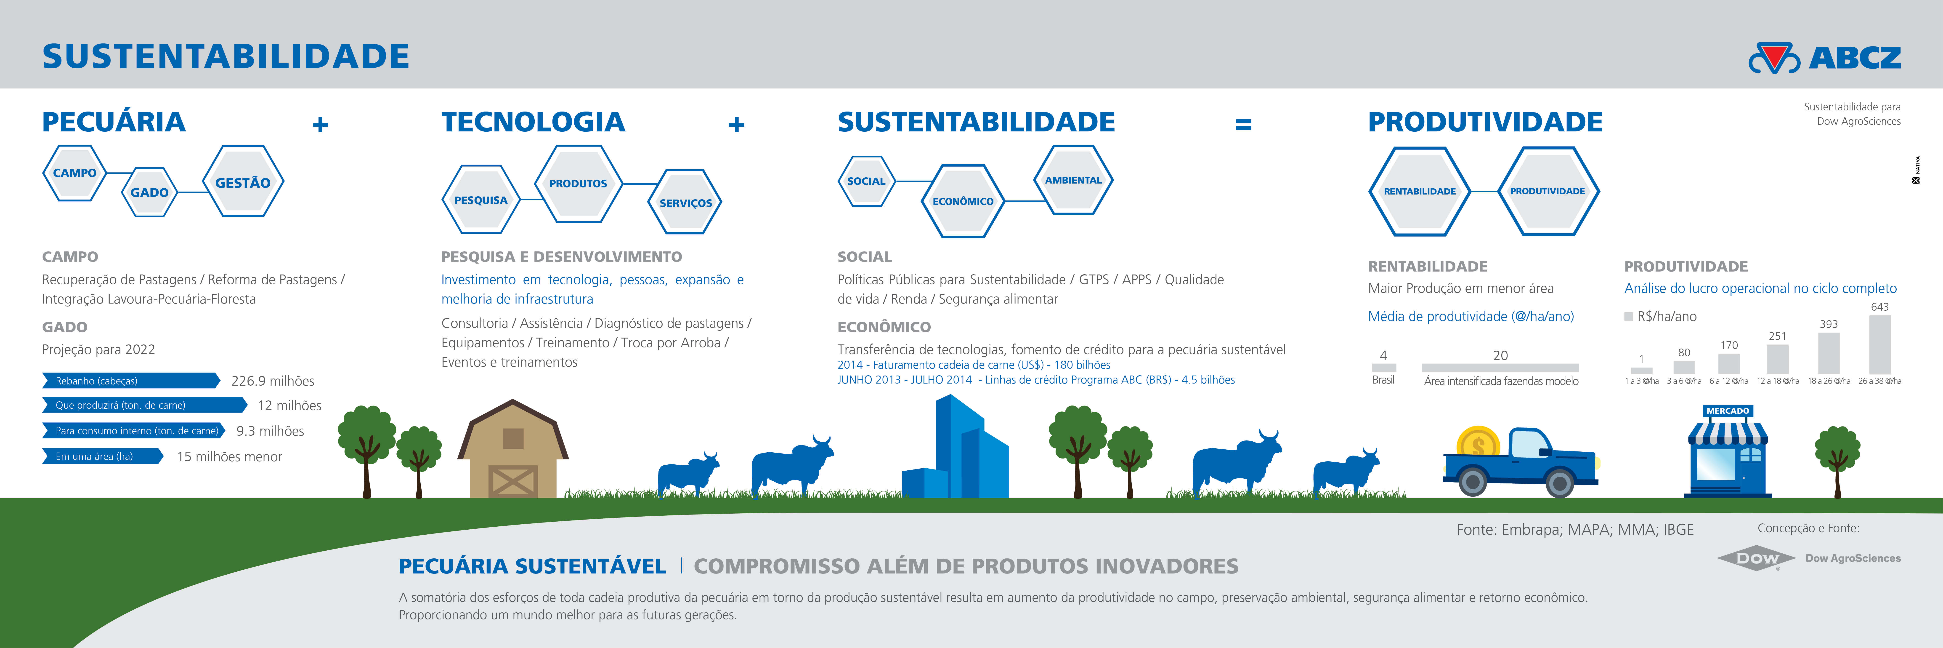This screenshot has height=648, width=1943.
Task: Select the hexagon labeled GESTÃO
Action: (x=243, y=182)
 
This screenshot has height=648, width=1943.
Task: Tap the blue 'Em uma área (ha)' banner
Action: (x=103, y=456)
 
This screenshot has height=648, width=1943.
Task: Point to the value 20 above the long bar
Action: (x=1500, y=355)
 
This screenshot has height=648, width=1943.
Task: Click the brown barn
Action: (x=513, y=449)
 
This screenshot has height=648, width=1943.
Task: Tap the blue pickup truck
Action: (x=1520, y=462)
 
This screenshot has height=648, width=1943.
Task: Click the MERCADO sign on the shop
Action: (x=1727, y=411)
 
